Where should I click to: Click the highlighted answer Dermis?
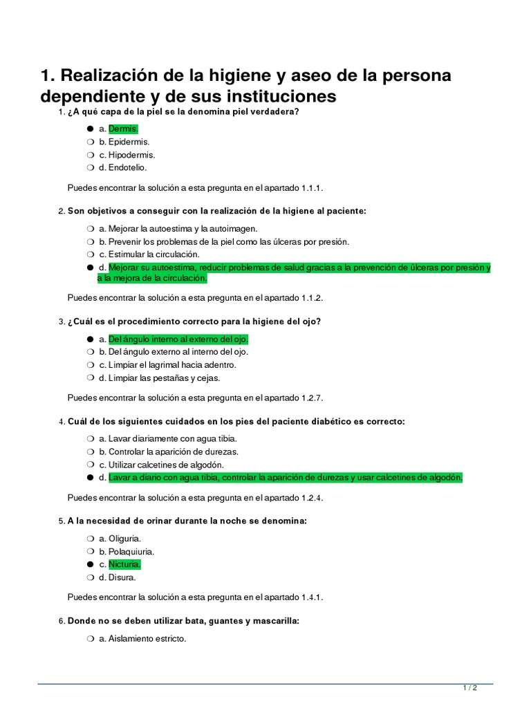(x=123, y=129)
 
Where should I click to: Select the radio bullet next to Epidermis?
(x=90, y=142)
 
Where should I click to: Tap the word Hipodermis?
(x=131, y=155)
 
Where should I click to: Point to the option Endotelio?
(x=127, y=167)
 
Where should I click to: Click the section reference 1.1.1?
(x=312, y=187)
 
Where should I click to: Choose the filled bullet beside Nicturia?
(x=90, y=564)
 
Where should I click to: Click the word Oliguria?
(x=124, y=538)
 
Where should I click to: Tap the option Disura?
(x=122, y=577)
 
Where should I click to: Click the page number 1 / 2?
(x=469, y=689)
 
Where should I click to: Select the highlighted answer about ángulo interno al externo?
(x=178, y=339)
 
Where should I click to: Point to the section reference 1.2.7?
(x=312, y=398)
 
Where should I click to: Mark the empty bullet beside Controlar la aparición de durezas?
(x=90, y=451)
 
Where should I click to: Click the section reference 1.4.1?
(x=312, y=597)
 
